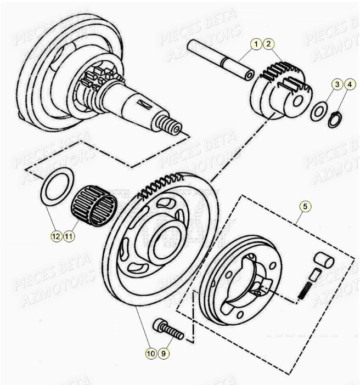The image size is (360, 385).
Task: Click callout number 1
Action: pos(256,43)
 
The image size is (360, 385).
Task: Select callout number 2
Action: pos(268,43)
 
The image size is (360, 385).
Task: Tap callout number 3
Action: pos(337,84)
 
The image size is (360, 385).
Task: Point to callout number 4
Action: pos(349,84)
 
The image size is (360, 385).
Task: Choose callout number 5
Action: pos(306,206)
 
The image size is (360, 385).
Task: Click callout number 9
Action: pos(163,354)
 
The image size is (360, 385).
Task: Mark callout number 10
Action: pos(151,354)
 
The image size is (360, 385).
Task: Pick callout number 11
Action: pos(68,236)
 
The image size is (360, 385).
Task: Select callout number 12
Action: pos(55,236)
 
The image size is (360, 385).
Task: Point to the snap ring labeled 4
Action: pos(335,119)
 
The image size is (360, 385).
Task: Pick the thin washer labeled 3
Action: pos(318,111)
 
